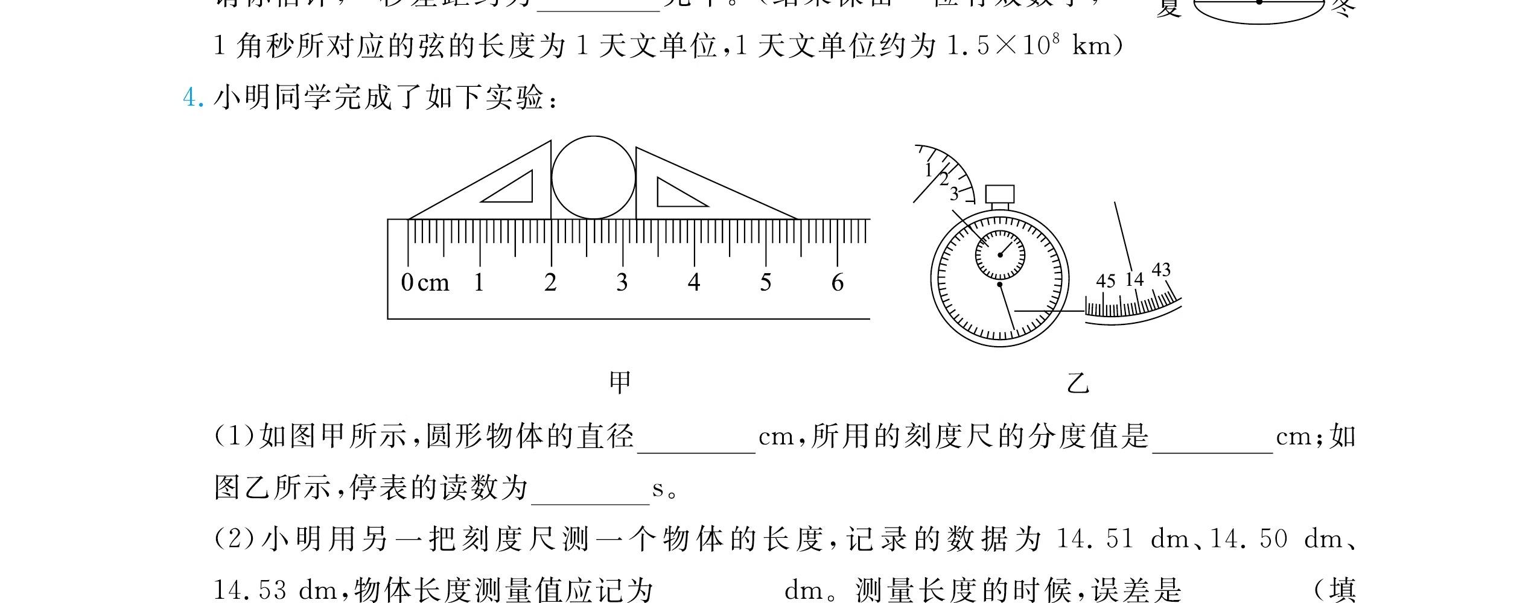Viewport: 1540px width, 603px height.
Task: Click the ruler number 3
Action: pos(622,282)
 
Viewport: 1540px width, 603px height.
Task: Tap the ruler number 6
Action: pos(837,282)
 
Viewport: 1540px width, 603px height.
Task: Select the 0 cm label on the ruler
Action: pos(425,282)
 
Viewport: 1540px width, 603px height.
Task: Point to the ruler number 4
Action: pos(694,282)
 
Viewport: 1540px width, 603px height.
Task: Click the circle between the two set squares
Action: pos(593,177)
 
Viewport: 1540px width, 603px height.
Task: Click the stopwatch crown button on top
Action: pos(999,194)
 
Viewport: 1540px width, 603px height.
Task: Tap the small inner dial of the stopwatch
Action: pos(999,254)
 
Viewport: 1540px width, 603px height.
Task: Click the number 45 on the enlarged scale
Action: pos(1106,281)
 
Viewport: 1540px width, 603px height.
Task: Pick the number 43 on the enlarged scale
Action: pos(1161,270)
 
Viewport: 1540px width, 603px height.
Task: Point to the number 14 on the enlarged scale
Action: pos(1134,279)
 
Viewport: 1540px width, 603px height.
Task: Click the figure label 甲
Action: pos(620,382)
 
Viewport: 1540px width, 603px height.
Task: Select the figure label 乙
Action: pos(1078,382)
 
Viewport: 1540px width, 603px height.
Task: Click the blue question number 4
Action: pos(192,98)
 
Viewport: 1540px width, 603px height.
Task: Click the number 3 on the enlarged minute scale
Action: pos(954,194)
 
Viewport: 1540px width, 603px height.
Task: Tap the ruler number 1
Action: pos(479,282)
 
